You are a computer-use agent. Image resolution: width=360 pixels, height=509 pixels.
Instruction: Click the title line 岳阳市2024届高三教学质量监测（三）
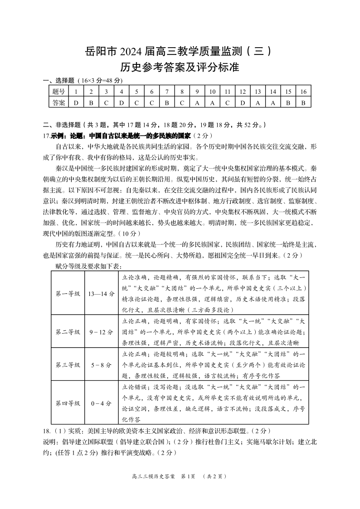click(180, 51)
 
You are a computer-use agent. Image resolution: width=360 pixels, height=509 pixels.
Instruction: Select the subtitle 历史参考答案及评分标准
click(180, 68)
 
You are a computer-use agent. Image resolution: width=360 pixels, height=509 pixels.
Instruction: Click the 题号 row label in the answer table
click(58, 92)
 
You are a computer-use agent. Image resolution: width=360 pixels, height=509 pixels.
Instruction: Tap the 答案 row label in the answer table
click(58, 102)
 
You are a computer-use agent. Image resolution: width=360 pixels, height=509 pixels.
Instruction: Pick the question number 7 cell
click(167, 92)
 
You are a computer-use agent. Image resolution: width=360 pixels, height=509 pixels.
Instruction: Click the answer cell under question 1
click(76, 102)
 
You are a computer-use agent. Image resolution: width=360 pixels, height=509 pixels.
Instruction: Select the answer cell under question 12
click(243, 102)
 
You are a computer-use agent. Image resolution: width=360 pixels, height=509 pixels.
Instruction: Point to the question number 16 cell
click(303, 92)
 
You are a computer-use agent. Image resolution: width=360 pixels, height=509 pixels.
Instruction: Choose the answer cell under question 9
click(197, 102)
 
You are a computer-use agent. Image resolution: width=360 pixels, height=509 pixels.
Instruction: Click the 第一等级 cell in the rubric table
click(68, 293)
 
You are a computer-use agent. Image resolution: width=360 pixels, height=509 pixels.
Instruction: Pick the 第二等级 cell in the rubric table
click(68, 332)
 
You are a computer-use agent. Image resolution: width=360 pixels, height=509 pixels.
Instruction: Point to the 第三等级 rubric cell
click(68, 364)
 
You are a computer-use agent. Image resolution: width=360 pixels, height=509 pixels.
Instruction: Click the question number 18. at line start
click(48, 431)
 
